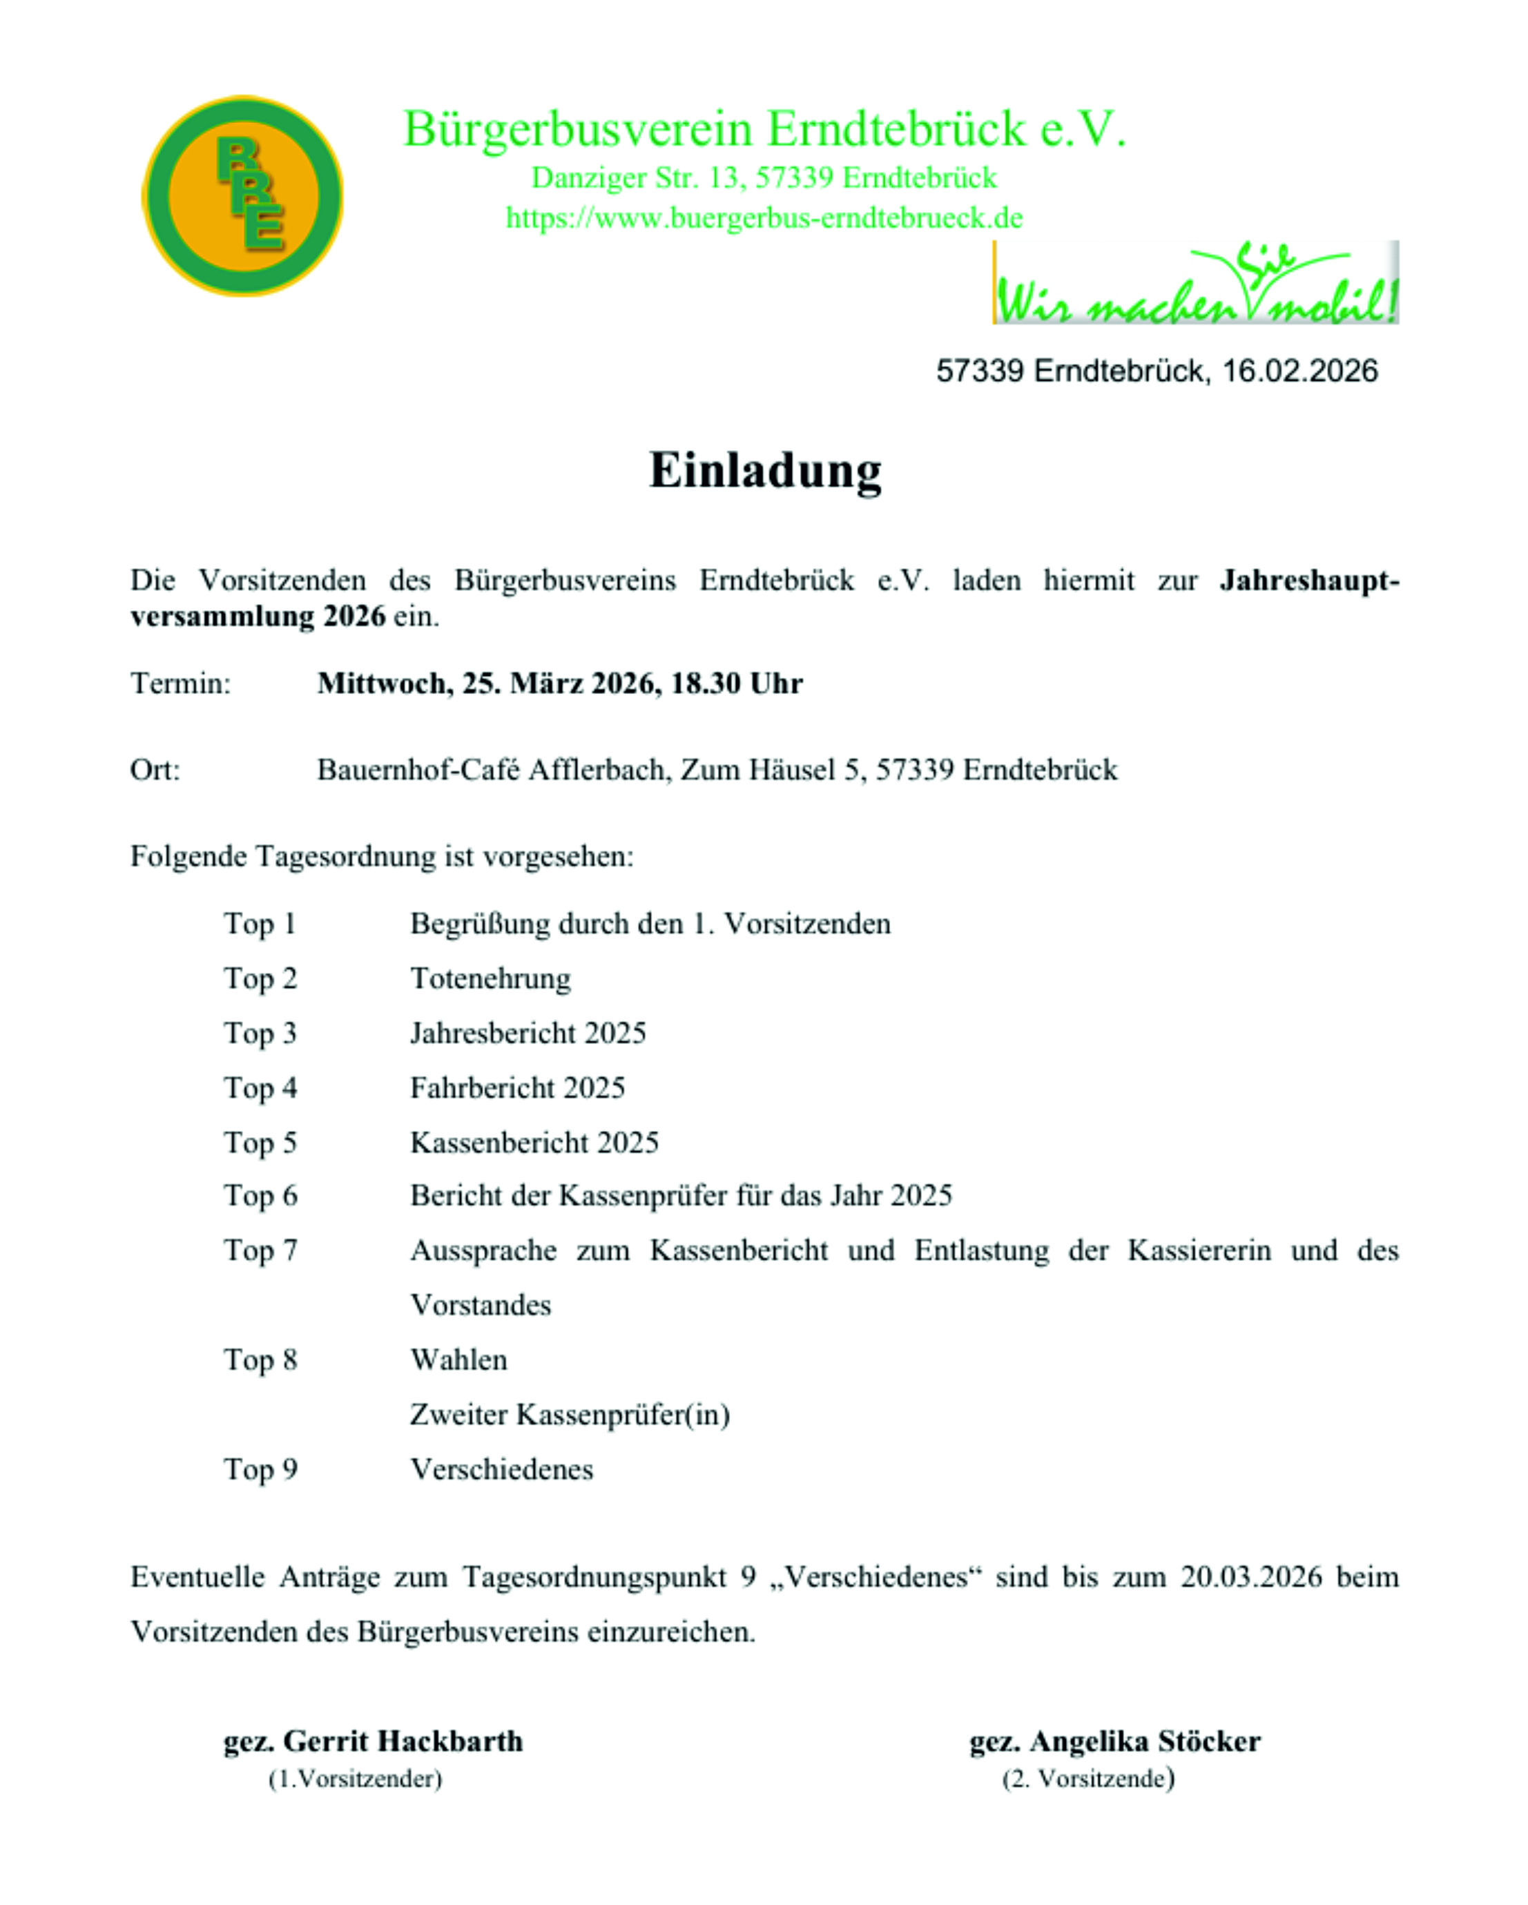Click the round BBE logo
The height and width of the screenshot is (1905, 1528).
click(x=242, y=195)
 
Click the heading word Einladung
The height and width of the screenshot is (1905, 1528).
click(x=764, y=470)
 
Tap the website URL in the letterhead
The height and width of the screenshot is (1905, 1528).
click(x=764, y=217)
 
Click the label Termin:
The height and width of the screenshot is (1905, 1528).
click(x=180, y=683)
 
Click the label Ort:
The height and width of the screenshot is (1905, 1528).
click(x=155, y=770)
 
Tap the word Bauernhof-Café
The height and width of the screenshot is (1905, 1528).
click(x=418, y=770)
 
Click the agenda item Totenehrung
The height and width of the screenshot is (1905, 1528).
click(x=490, y=978)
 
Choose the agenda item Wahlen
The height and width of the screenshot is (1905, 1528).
click(x=458, y=1360)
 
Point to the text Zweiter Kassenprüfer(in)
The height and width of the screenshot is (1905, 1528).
click(x=570, y=1415)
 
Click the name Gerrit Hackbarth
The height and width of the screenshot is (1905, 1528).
click(x=403, y=1741)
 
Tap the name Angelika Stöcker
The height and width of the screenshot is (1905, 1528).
click(x=1145, y=1741)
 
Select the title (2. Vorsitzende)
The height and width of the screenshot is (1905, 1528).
click(x=1088, y=1779)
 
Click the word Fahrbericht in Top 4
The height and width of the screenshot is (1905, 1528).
click(x=483, y=1087)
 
